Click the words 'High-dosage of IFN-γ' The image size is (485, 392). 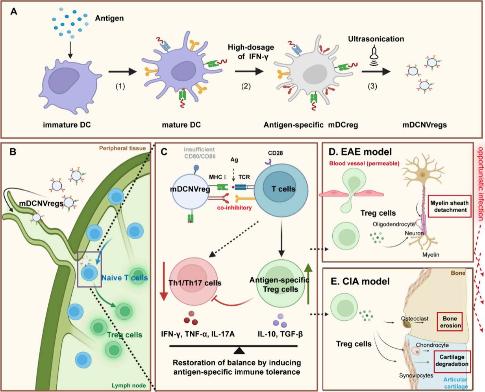pyautogui.click(x=251, y=52)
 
